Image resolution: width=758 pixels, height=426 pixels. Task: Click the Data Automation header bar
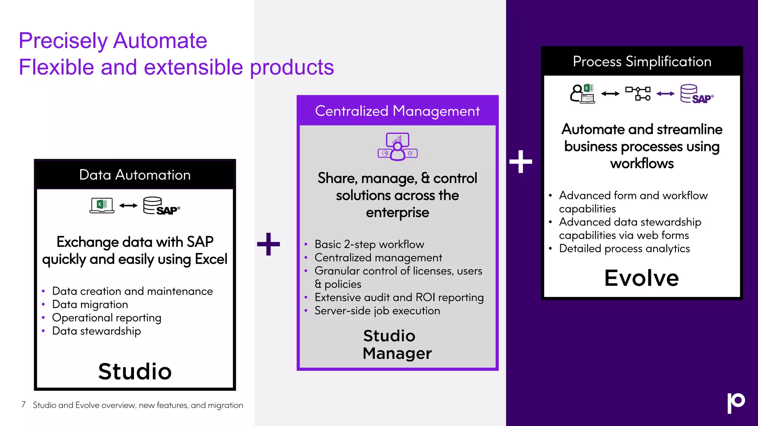[135, 175]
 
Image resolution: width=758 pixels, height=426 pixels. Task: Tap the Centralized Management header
[397, 111]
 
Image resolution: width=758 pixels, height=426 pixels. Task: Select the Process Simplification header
[642, 61]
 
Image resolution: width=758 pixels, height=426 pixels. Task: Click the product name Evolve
[641, 278]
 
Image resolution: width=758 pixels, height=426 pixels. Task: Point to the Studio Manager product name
[397, 344]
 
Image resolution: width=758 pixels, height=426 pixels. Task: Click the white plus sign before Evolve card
[520, 162]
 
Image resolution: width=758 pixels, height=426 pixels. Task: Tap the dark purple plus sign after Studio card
[268, 244]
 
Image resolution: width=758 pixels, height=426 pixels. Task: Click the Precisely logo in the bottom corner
[735, 403]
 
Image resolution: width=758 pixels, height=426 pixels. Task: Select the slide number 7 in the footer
[23, 405]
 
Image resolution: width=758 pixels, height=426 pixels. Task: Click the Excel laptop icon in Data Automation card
[102, 205]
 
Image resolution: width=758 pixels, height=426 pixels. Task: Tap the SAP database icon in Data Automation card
[161, 206]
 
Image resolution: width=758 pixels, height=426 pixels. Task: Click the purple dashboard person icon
[398, 147]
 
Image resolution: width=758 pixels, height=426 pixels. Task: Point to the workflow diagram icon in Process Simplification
[638, 94]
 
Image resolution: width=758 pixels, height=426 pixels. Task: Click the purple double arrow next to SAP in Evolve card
[665, 94]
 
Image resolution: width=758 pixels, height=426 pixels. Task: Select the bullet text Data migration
[90, 304]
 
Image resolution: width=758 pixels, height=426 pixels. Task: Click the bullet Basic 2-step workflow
[369, 244]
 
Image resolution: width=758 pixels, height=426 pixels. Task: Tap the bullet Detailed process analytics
[624, 248]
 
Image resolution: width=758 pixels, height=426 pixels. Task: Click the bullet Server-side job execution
[377, 311]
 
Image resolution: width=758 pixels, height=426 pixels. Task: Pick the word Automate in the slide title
[160, 41]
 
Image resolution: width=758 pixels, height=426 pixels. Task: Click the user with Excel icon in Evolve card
[582, 94]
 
